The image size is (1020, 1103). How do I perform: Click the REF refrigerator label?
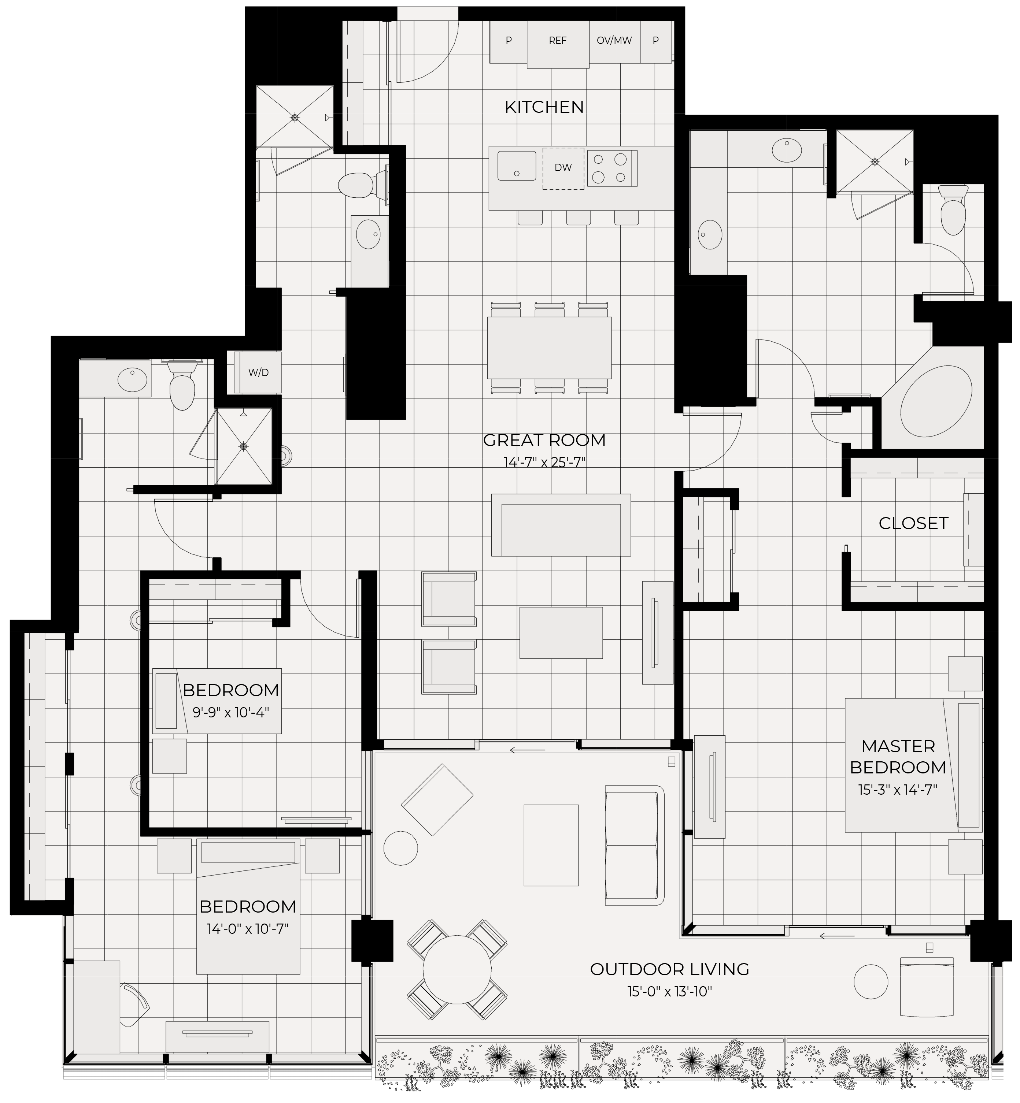coord(558,40)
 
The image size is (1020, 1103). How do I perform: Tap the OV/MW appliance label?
coord(614,40)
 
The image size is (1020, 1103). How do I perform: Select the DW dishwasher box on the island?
coord(563,168)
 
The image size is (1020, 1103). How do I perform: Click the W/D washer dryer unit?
coord(258,372)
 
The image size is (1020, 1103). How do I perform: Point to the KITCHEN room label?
coord(544,107)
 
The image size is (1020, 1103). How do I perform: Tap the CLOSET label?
coord(913,523)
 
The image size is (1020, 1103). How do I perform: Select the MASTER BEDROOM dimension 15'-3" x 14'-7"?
coord(898,790)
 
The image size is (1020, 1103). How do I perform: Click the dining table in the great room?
coord(549,347)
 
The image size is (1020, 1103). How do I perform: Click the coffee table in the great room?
coord(561,632)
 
